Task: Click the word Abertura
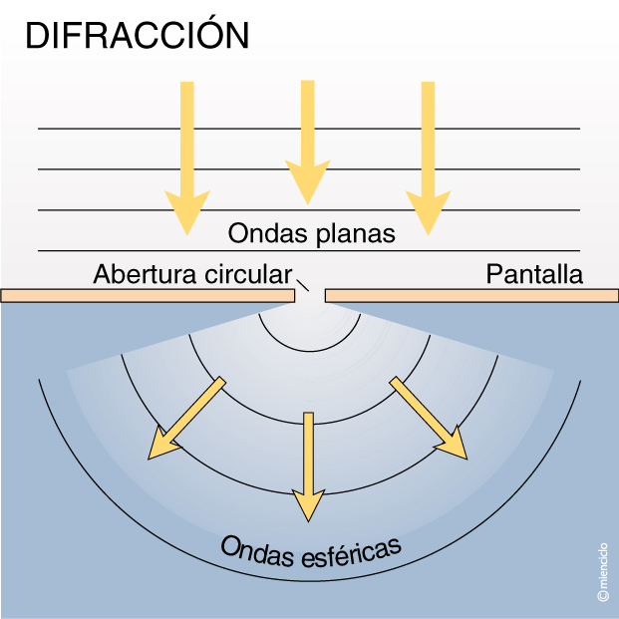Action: point(146,274)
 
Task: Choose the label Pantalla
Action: point(534,274)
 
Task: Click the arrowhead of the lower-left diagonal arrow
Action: point(162,444)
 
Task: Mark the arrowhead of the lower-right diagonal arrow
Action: point(454,443)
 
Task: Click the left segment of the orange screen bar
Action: point(150,296)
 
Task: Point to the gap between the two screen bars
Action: point(311,296)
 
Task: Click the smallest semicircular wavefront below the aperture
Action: point(309,350)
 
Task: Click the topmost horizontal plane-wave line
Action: point(309,129)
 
